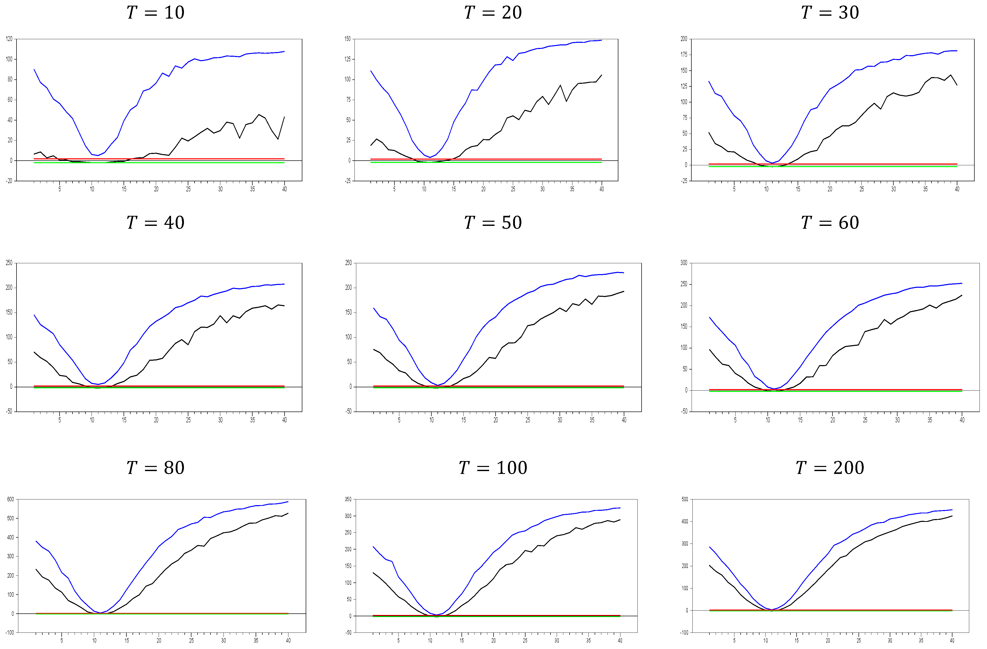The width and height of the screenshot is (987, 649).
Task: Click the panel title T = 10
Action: click(156, 12)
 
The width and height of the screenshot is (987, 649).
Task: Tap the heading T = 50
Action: click(493, 223)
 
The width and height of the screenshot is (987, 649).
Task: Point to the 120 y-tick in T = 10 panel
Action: click(9, 39)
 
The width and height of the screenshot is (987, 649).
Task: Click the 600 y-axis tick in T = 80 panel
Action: click(10, 499)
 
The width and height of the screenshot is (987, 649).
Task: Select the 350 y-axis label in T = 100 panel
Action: click(348, 499)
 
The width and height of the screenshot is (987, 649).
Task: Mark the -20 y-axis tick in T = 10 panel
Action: click(9, 181)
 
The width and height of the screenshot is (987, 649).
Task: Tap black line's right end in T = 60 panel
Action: click(962, 295)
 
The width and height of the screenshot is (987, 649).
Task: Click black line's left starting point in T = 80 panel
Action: click(36, 569)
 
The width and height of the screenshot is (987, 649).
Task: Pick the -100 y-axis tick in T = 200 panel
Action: click(684, 633)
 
